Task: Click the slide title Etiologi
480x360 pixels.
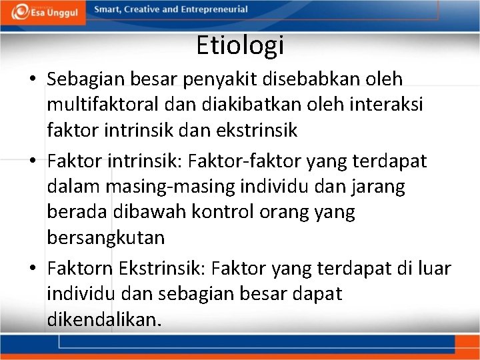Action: (x=240, y=45)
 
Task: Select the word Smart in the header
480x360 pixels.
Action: (x=107, y=9)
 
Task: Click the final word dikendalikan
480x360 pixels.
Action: (x=104, y=319)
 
